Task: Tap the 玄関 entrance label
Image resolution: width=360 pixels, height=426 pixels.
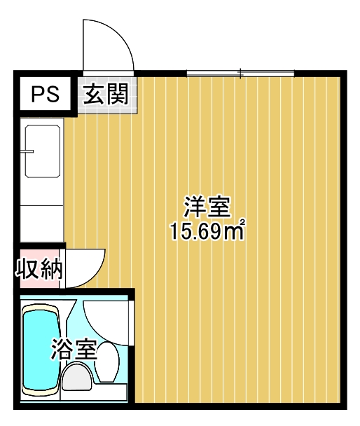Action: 106,94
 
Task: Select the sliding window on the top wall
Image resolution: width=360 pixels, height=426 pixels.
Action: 240,72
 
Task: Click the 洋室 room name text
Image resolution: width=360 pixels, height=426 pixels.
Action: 207,207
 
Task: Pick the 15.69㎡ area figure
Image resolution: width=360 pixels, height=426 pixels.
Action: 207,231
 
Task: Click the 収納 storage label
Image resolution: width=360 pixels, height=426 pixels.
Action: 39,268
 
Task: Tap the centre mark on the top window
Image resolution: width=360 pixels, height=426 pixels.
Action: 240,72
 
